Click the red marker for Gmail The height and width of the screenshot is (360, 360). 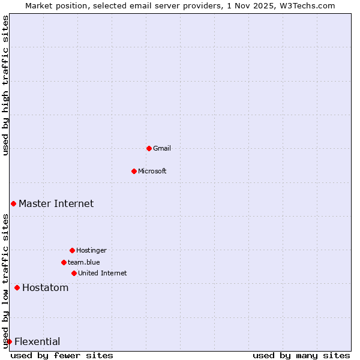(x=149, y=148)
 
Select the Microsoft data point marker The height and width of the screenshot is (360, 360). (x=134, y=171)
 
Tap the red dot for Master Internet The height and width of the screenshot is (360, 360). (x=13, y=203)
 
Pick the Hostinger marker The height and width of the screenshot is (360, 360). (x=72, y=250)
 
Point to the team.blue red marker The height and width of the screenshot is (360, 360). (x=64, y=262)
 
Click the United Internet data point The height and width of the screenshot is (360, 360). (x=74, y=273)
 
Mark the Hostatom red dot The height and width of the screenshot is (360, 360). (x=17, y=287)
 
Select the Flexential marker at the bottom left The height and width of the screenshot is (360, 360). (x=9, y=341)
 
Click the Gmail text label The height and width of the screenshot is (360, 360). (x=162, y=148)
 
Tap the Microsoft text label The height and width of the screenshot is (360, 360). (x=152, y=171)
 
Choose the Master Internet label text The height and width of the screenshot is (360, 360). (x=56, y=203)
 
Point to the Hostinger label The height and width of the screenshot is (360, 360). (x=91, y=250)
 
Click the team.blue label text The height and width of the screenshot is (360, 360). (x=84, y=262)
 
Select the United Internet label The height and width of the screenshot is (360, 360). (x=103, y=273)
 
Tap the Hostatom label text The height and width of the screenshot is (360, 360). (x=46, y=287)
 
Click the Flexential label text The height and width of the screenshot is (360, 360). (x=37, y=341)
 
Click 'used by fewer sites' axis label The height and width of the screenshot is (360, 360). (x=62, y=355)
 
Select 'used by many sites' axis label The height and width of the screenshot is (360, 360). (x=301, y=355)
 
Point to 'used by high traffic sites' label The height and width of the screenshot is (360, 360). (x=5, y=85)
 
